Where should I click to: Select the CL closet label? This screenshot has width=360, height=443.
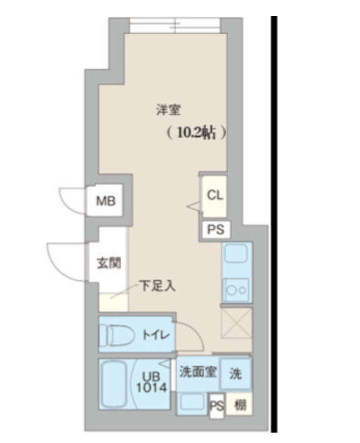[215, 195]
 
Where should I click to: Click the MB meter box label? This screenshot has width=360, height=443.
[105, 201]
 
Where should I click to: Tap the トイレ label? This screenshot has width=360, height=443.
[155, 334]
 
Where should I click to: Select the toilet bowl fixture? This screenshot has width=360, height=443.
[117, 334]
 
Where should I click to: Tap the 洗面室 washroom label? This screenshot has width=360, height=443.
[198, 372]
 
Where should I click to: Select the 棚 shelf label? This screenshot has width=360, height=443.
[239, 405]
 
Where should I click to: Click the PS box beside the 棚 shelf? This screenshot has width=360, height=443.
[216, 405]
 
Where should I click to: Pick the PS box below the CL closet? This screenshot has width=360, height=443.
[215, 229]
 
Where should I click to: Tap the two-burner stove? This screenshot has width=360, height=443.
[236, 289]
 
